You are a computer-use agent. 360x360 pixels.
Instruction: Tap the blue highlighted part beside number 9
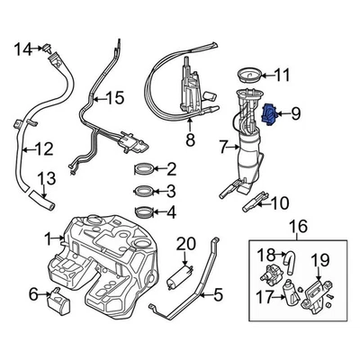267,114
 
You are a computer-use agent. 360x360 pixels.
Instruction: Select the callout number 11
282,75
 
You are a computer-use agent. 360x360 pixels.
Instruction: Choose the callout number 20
185,243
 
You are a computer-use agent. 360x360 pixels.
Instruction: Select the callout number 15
113,97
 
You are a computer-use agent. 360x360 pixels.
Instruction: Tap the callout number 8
189,140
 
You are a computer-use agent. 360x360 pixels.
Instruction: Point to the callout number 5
217,293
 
